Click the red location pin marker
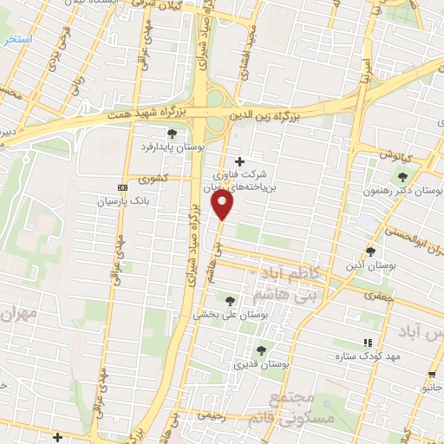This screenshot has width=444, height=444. pyautogui.click(x=224, y=205)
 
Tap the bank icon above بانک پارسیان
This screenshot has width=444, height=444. pyautogui.click(x=121, y=186)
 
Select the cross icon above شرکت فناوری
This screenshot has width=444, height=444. pyautogui.click(x=240, y=160)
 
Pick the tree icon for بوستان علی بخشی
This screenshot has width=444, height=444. pyautogui.click(x=230, y=301)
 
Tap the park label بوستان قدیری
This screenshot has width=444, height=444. pyautogui.click(x=260, y=365)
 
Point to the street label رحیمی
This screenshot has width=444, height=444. pyautogui.click(x=212, y=415)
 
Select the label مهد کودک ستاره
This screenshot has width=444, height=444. pyautogui.click(x=365, y=356)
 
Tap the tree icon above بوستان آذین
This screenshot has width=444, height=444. pyautogui.click(x=370, y=251)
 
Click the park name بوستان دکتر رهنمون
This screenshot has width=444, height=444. pyautogui.click(x=412, y=190)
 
